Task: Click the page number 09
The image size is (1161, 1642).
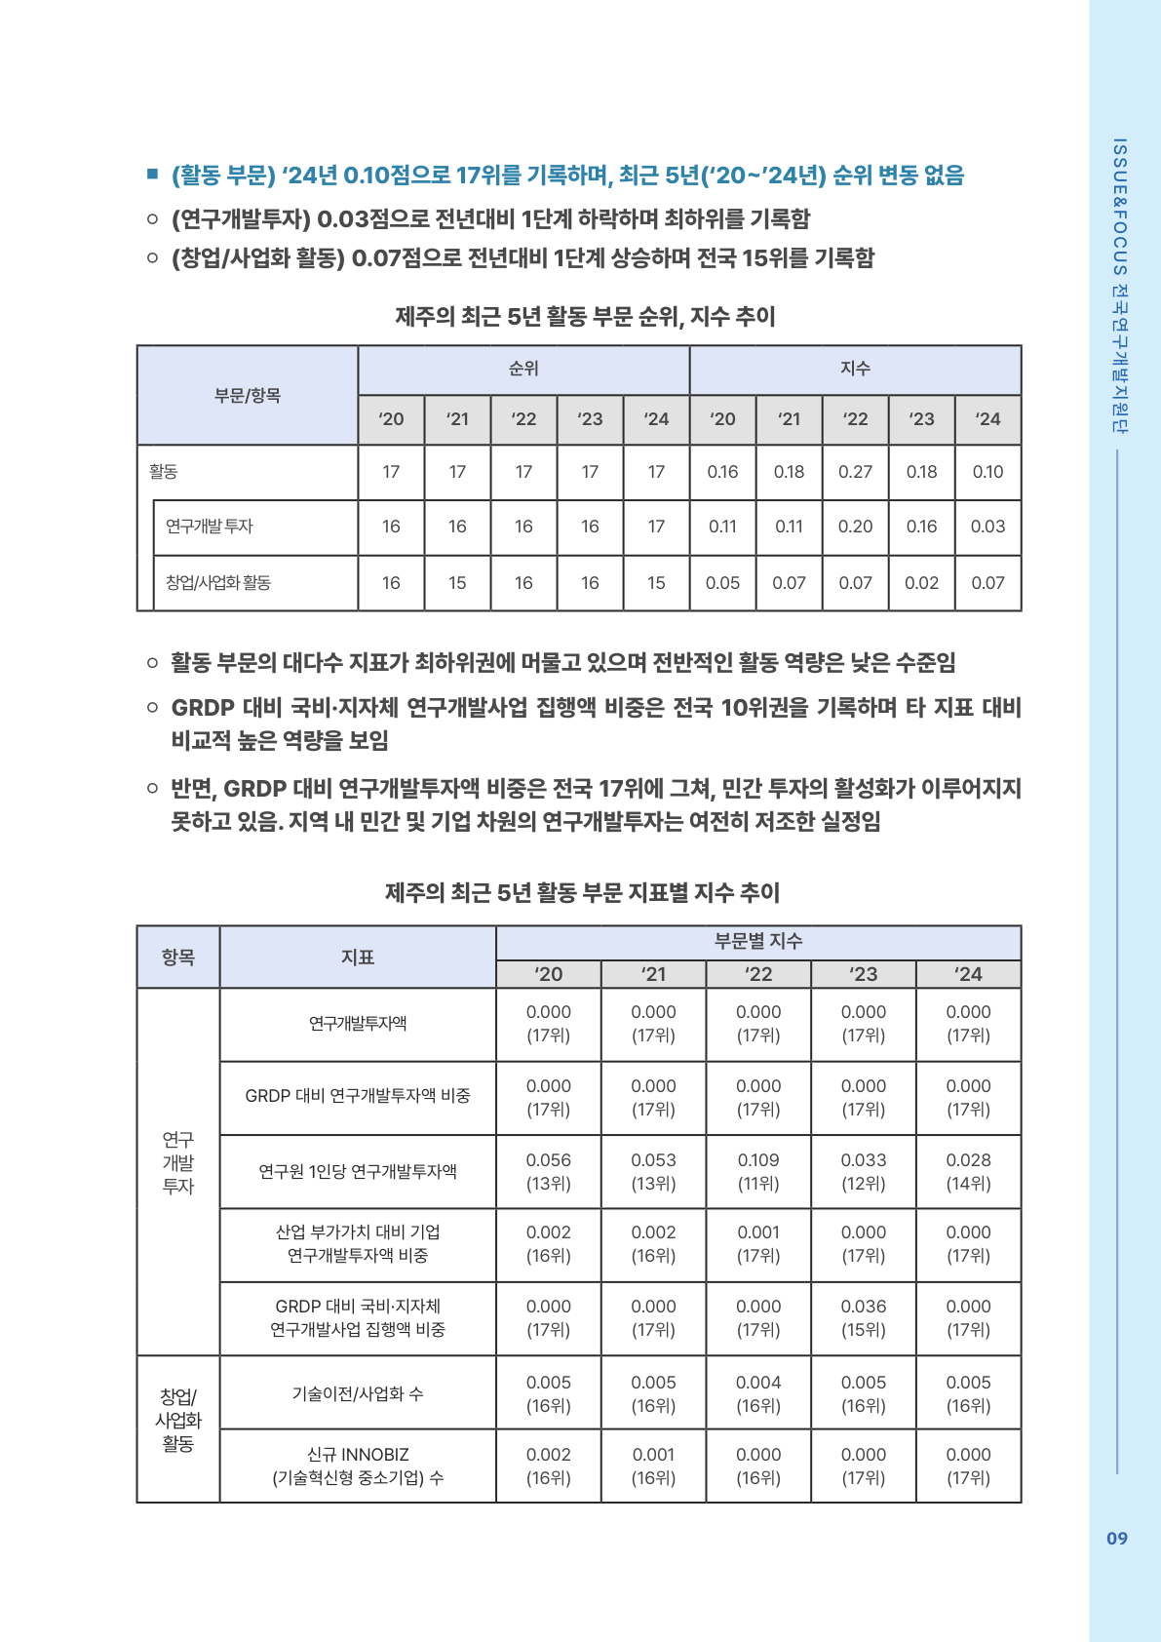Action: (1116, 1538)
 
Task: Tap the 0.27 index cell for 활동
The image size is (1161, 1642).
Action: (855, 472)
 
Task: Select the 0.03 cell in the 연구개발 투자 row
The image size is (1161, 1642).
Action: (987, 527)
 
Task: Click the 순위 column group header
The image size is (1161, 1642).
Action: (523, 369)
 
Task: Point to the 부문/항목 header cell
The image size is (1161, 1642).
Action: (248, 395)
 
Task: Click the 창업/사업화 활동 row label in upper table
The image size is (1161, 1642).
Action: (218, 583)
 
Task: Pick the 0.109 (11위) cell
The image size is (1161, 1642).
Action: (758, 1171)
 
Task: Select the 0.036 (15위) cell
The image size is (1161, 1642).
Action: (864, 1317)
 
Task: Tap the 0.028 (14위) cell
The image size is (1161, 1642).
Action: (968, 1171)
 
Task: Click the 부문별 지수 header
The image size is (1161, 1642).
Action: (758, 941)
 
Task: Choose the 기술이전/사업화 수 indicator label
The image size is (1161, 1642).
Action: (358, 1393)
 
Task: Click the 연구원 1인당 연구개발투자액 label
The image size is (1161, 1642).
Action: (358, 1171)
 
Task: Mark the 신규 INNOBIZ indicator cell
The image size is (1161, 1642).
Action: (358, 1466)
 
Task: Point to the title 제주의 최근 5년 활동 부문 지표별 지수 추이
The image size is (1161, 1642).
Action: (582, 892)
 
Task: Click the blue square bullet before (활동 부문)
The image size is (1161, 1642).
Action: (152, 175)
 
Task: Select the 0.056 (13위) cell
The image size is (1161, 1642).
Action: (548, 1171)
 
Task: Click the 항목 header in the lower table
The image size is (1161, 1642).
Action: (178, 958)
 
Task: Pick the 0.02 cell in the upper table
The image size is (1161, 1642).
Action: (921, 583)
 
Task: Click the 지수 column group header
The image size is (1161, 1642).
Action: (855, 369)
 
